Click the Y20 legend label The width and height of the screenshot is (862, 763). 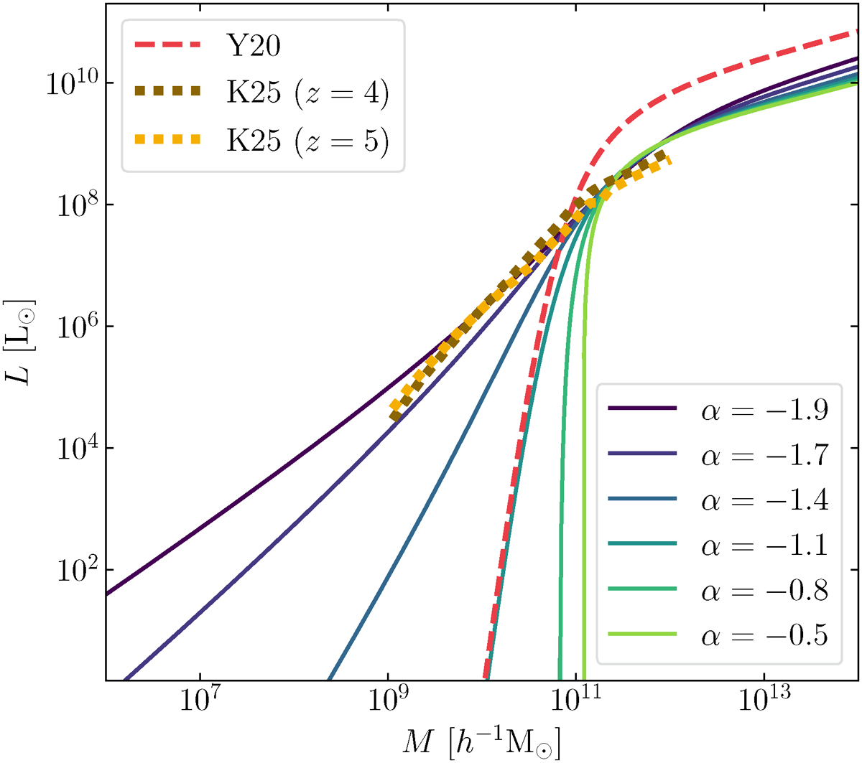click(254, 47)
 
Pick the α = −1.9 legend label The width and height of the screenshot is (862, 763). click(764, 410)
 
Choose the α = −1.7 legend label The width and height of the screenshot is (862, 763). click(764, 455)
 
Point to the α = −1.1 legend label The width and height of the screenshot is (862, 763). click(764, 546)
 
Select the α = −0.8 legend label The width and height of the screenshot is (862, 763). click(764, 591)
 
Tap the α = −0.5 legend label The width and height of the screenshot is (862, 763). click(764, 636)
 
